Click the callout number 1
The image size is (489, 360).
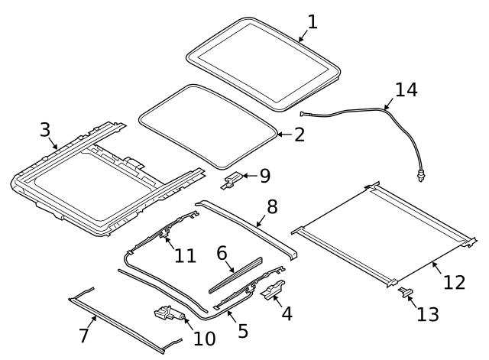point(312,21)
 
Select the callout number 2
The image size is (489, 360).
point(299,135)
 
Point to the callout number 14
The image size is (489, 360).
point(406,90)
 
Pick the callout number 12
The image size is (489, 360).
point(454,282)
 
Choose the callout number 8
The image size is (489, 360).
point(271,206)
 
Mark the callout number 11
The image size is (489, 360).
point(185,255)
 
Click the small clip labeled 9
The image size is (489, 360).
point(234,180)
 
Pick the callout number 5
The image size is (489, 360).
point(243,331)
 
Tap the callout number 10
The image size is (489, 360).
point(205,337)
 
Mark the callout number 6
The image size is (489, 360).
point(222,252)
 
